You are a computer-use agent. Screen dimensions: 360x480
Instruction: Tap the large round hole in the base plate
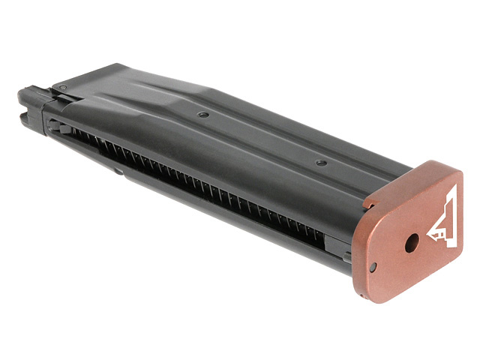[x=411, y=243]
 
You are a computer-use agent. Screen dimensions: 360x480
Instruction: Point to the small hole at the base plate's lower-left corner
[x=373, y=265]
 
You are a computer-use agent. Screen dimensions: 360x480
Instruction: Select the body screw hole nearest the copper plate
[x=321, y=163]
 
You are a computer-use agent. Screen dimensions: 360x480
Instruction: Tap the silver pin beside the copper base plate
[x=347, y=256]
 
